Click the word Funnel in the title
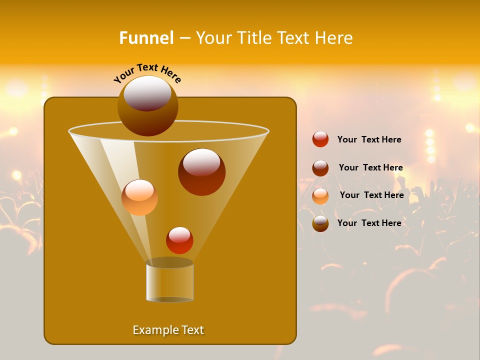click(x=146, y=38)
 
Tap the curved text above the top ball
click(x=147, y=73)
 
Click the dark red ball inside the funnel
click(x=201, y=172)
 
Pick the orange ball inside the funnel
click(x=139, y=197)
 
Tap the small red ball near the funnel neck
click(x=179, y=240)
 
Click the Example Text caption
click(x=168, y=330)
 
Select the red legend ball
click(x=320, y=139)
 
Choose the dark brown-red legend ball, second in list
click(x=320, y=168)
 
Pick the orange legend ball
click(x=320, y=196)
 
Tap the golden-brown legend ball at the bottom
click(x=320, y=223)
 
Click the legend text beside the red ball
click(x=369, y=140)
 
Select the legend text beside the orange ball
click(x=371, y=195)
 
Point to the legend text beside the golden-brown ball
click(x=369, y=223)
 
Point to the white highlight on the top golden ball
click(x=147, y=93)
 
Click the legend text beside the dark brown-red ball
click(x=370, y=168)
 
